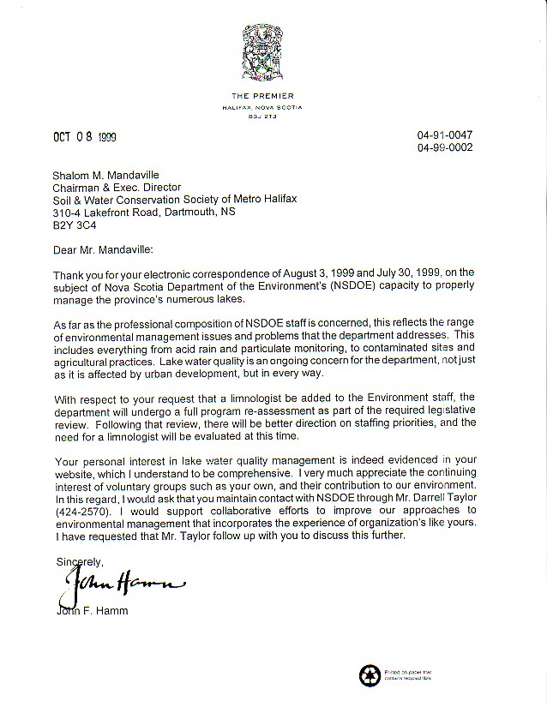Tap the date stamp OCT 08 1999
click(83, 137)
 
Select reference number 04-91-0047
click(444, 135)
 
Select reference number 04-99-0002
click(444, 147)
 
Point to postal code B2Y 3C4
click(74, 226)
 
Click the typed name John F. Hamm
click(90, 610)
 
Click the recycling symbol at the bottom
click(369, 674)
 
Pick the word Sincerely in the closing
click(79, 561)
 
